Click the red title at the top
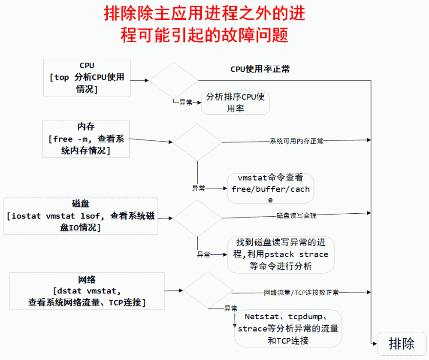tap(204, 24)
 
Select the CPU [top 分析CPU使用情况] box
tap(87, 77)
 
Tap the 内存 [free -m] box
tap(86, 139)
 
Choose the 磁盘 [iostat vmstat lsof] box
tap(81, 215)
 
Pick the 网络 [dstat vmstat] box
tap(87, 291)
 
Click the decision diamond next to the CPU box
tap(173, 80)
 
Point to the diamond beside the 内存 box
tap(197, 142)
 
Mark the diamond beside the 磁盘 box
tap(197, 218)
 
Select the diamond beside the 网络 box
tap(208, 290)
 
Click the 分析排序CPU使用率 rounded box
tap(236, 102)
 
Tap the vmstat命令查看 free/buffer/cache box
tap(270, 188)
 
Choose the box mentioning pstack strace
tap(281, 254)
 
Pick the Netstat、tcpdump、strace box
tap(288, 329)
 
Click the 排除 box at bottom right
tap(402, 343)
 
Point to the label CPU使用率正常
tap(260, 69)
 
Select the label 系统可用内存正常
tap(296, 141)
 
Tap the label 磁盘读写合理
tap(296, 215)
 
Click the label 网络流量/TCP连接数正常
tap(301, 293)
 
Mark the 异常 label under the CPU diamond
tap(186, 103)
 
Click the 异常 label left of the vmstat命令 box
tap(198, 188)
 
